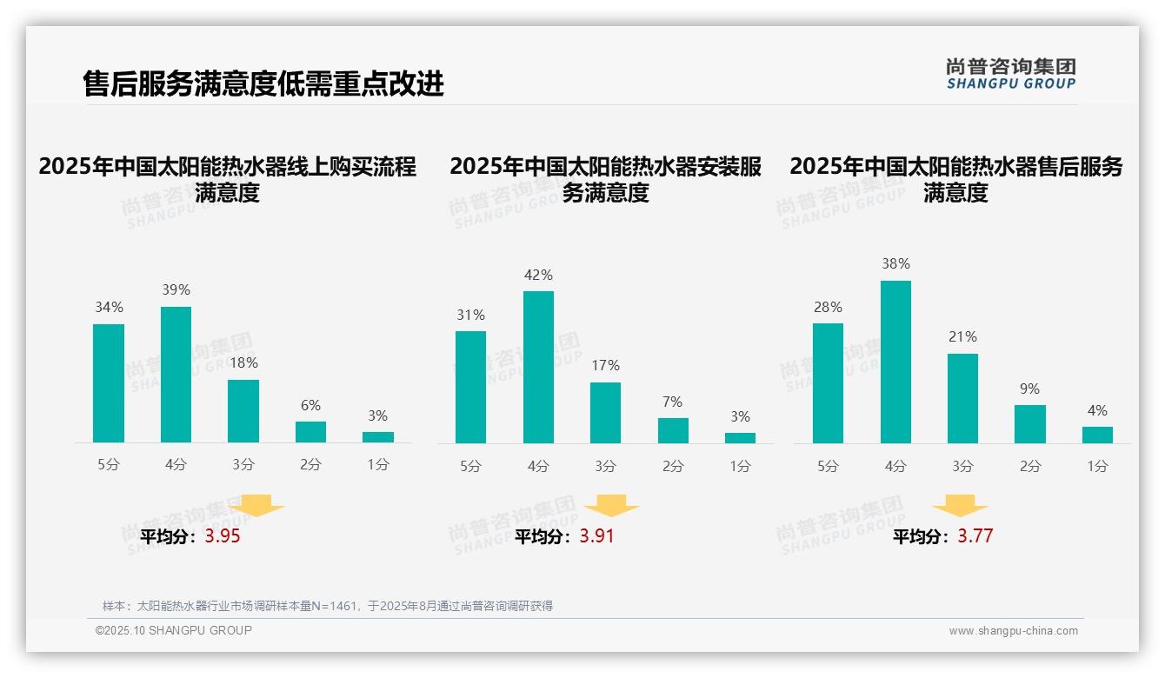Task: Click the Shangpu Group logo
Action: click(x=1010, y=74)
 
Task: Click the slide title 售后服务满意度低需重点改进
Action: click(x=263, y=83)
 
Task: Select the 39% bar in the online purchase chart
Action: click(x=176, y=375)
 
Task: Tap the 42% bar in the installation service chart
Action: click(x=538, y=367)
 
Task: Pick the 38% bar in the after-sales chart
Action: click(x=895, y=362)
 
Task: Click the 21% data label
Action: click(x=962, y=336)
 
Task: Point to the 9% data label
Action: click(x=1029, y=389)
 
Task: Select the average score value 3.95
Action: click(x=223, y=536)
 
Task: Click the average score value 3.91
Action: click(x=596, y=536)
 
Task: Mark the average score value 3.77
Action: click(x=975, y=536)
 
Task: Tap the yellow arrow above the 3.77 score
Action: click(x=960, y=506)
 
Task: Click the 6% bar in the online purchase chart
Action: click(x=310, y=432)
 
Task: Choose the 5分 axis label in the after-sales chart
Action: click(x=828, y=466)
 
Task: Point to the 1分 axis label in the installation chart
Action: click(x=740, y=466)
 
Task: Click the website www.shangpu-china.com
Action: click(x=1013, y=631)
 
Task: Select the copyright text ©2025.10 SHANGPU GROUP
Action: click(x=174, y=630)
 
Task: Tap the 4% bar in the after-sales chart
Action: click(x=1097, y=435)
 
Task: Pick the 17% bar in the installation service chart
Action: click(x=605, y=413)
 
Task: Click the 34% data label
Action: click(x=109, y=307)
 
